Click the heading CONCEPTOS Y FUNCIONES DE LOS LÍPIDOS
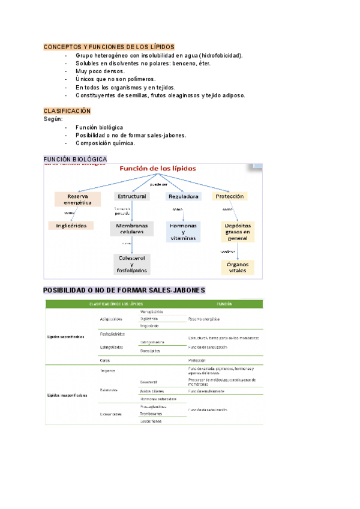[x=109, y=47]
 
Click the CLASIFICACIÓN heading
[x=67, y=111]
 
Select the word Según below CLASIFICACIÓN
[x=53, y=119]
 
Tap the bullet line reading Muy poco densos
[x=100, y=71]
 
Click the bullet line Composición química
[x=106, y=143]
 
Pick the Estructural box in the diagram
[x=132, y=196]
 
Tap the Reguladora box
[x=184, y=196]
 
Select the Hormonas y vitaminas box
[x=184, y=231]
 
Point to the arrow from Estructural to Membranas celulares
[x=132, y=211]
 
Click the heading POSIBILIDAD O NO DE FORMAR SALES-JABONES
[x=124, y=291]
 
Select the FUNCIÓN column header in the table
[x=224, y=304]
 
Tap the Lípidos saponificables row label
[x=66, y=337]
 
